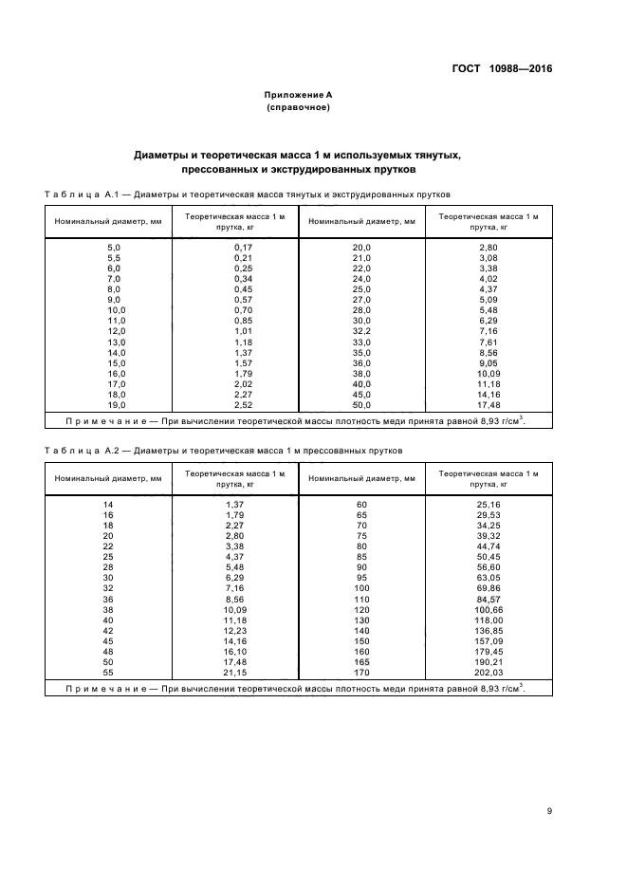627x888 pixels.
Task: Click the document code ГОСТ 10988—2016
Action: pyautogui.click(x=500, y=69)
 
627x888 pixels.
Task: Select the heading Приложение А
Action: pyautogui.click(x=298, y=96)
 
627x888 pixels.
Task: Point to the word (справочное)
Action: pyautogui.click(x=298, y=108)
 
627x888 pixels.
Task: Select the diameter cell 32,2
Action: pyautogui.click(x=361, y=331)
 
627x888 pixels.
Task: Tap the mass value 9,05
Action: pyautogui.click(x=488, y=362)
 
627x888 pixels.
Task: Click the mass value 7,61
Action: pyautogui.click(x=488, y=342)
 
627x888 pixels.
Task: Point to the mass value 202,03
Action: pyautogui.click(x=488, y=671)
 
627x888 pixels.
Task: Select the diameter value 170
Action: pyautogui.click(x=361, y=671)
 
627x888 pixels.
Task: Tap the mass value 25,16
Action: pyautogui.click(x=488, y=503)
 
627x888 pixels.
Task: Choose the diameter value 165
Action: pyautogui.click(x=361, y=660)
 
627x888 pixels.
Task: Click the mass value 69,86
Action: pyautogui.click(x=488, y=587)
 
